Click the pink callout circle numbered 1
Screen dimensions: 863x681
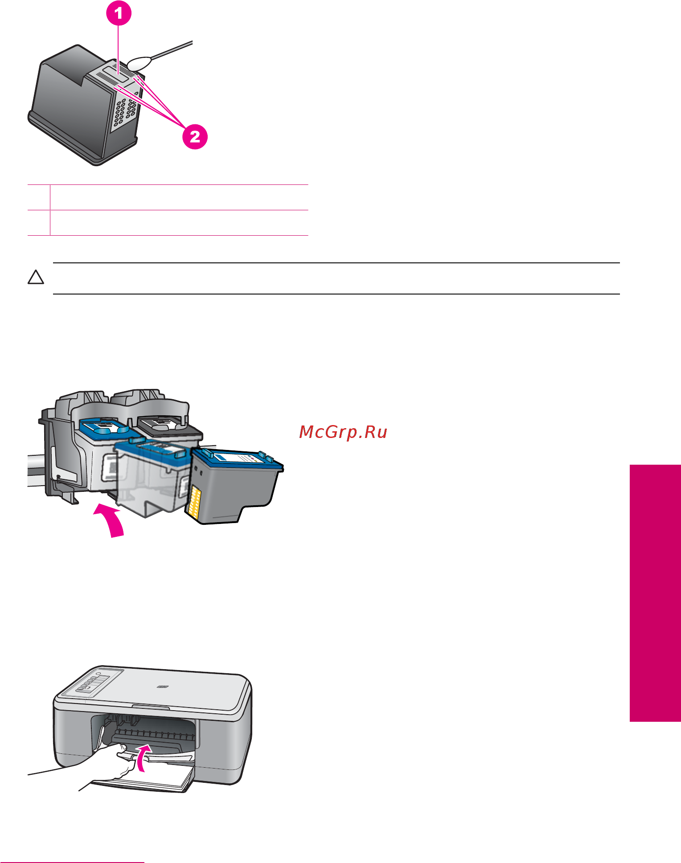(118, 13)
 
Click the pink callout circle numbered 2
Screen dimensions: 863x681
(195, 136)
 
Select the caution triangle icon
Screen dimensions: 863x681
(36, 278)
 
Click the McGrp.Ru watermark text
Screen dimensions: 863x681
(343, 432)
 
